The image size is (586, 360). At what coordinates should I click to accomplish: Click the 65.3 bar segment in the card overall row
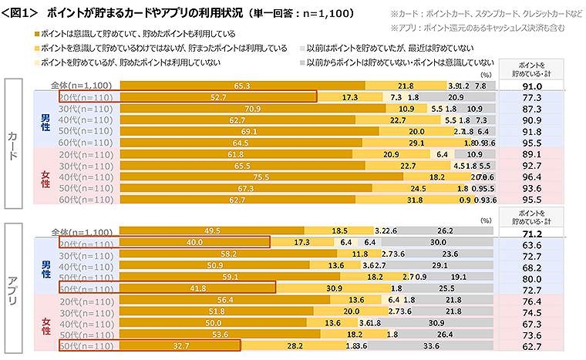click(241, 85)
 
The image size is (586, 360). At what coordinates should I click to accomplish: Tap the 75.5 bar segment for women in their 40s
click(261, 177)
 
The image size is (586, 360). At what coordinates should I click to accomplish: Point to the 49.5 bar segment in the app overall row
click(211, 230)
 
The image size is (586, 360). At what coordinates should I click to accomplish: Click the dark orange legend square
click(37, 35)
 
